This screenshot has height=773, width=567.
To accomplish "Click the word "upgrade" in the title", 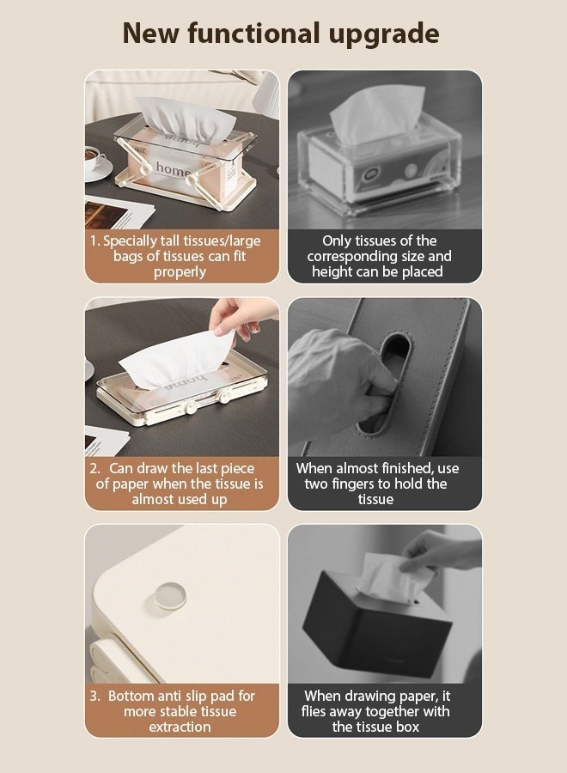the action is (x=384, y=34).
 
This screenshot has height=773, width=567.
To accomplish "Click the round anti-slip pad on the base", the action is (x=171, y=595).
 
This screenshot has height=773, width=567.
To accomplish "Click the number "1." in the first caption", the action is (x=95, y=241).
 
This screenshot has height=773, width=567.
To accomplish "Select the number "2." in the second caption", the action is (x=95, y=468).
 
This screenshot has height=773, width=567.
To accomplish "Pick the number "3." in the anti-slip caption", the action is (x=95, y=696).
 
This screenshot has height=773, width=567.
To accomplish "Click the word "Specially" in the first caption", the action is (x=130, y=241).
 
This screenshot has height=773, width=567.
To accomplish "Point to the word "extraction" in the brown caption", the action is (x=180, y=727).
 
